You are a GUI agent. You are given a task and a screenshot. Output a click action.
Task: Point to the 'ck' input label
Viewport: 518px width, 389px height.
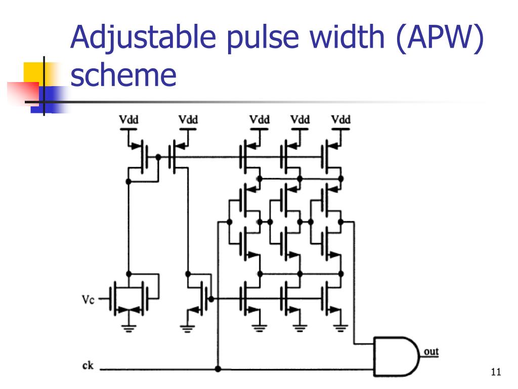88,366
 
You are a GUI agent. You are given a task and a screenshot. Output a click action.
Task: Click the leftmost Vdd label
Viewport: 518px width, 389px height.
129,120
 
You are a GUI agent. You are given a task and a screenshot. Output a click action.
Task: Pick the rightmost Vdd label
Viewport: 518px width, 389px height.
341,120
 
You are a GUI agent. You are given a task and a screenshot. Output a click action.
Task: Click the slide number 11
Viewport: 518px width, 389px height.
495,373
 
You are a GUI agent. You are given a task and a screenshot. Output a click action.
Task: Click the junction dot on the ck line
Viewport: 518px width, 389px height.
218,369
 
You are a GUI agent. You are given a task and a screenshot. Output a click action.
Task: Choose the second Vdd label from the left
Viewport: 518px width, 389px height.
188,120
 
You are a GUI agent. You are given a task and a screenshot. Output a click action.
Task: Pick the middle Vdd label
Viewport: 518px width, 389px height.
260,120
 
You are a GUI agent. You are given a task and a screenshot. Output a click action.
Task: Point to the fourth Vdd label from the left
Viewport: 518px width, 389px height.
300,120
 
